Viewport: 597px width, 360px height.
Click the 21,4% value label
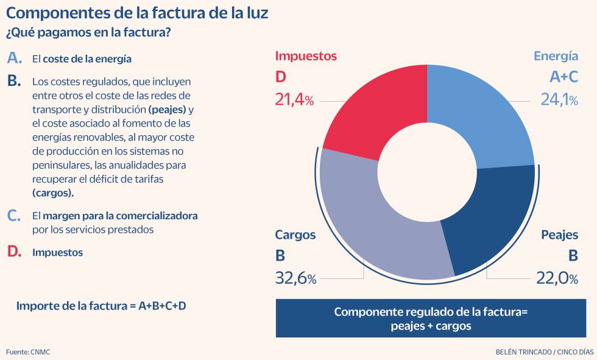pos(294,100)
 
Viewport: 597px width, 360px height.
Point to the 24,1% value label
pos(559,100)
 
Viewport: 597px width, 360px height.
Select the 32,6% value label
pos(295,278)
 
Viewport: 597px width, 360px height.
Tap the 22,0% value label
pos(557,278)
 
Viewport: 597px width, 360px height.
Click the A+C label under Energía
pos(564,77)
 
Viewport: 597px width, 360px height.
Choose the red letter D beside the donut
pos(280,77)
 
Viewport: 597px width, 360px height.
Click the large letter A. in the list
pos(15,58)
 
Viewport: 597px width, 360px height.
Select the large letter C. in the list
pos(13,216)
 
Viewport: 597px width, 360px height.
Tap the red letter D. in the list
pos(14,252)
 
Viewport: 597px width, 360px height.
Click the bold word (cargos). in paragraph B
pos(53,193)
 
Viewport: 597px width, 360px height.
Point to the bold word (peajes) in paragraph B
pos(168,110)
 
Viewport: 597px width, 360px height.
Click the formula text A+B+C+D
pos(162,306)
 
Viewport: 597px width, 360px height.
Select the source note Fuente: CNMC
pos(28,352)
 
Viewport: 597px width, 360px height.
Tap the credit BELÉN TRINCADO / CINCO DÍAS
pos(545,352)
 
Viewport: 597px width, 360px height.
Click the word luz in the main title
pos(257,13)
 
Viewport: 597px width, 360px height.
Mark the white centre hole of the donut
pos(427,172)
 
